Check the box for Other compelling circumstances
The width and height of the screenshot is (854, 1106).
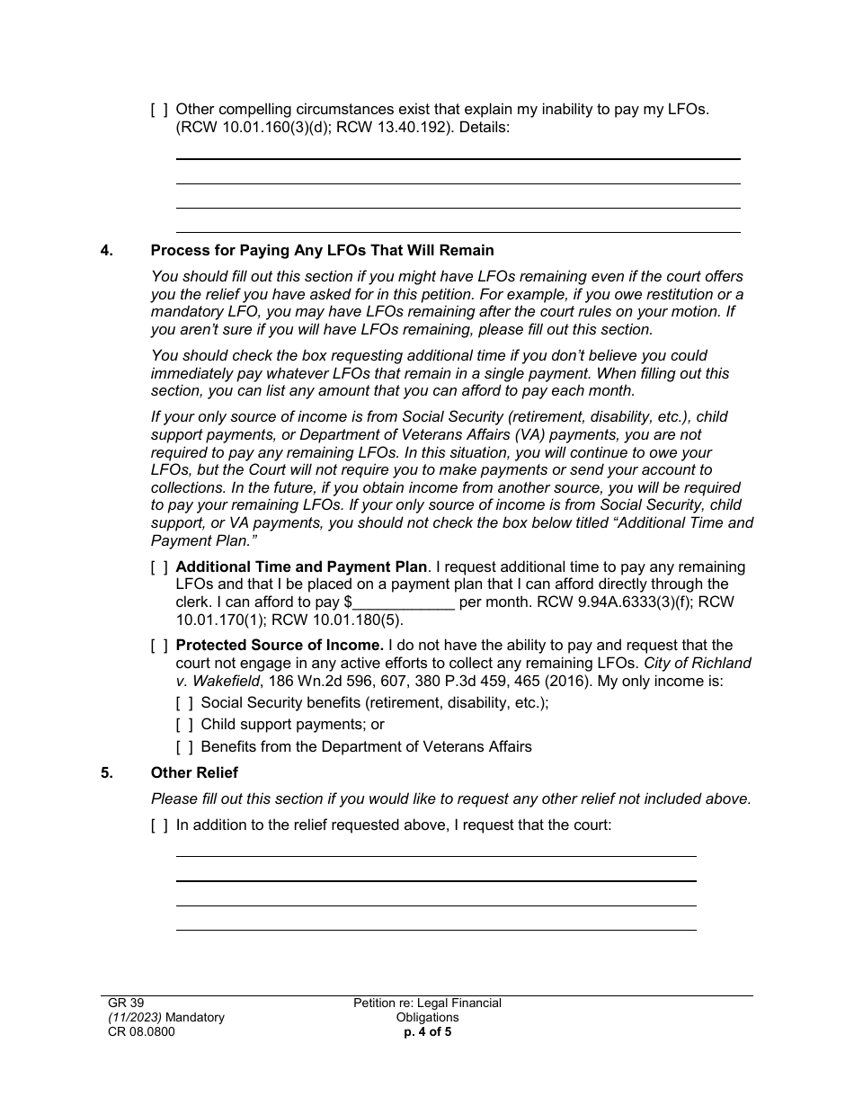159,110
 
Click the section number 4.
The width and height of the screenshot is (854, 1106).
107,251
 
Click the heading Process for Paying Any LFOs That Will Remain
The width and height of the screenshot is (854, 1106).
322,251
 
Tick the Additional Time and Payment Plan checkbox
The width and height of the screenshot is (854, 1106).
159,567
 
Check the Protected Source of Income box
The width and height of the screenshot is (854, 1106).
159,646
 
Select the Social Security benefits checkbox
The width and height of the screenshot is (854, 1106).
184,702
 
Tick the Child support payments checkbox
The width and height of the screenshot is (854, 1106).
184,725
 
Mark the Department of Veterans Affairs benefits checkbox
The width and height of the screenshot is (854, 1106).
184,747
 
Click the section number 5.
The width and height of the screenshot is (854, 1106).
107,773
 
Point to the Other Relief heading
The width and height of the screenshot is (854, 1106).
194,773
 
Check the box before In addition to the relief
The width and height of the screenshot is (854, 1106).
159,825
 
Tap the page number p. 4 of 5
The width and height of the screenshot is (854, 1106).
427,1032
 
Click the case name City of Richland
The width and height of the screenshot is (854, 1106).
698,664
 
